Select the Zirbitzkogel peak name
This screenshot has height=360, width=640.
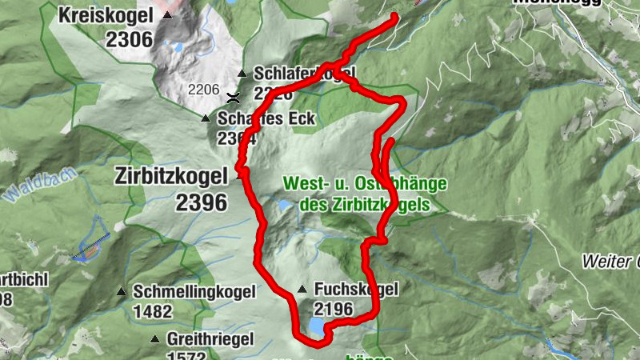171,175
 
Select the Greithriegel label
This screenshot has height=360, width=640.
210,339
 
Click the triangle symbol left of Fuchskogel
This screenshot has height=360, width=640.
302,290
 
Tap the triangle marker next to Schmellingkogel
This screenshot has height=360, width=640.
122,292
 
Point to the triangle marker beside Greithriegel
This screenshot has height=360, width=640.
155,340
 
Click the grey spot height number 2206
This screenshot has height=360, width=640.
203,89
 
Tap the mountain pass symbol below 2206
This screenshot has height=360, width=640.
233,99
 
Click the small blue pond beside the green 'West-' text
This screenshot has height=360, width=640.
285,206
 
